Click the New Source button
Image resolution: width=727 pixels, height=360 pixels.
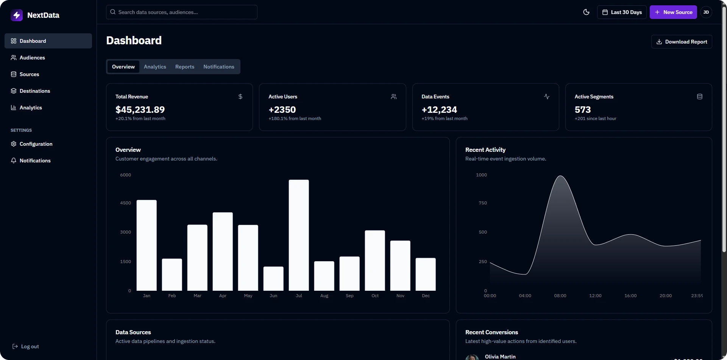[x=673, y=12]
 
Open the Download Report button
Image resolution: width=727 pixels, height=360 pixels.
[x=682, y=42]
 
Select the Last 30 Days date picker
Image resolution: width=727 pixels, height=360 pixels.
[x=622, y=12]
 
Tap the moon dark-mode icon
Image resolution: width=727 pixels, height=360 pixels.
[x=586, y=12]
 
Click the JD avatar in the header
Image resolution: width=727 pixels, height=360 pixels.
[x=706, y=12]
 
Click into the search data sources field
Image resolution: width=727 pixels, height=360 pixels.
[x=182, y=12]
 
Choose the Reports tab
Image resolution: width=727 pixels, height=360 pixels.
[x=185, y=67]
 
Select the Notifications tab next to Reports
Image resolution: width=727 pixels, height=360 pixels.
[x=219, y=67]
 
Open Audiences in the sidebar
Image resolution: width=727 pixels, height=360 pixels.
[x=32, y=58]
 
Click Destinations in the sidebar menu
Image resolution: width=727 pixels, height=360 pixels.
[x=35, y=91]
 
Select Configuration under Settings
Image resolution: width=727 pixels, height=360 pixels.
[x=36, y=144]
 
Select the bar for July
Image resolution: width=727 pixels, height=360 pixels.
[x=299, y=235]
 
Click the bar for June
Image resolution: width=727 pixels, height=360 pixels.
[x=273, y=279]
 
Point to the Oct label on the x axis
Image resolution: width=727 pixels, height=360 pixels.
[x=375, y=296]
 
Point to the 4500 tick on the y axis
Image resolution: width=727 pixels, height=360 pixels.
[x=125, y=203]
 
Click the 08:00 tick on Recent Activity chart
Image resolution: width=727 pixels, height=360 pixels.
[x=560, y=296]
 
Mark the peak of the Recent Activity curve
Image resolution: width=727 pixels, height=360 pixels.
[x=560, y=176]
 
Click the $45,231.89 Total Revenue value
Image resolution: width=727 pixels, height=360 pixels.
[x=140, y=110]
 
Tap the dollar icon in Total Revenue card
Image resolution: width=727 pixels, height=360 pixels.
[x=240, y=97]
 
